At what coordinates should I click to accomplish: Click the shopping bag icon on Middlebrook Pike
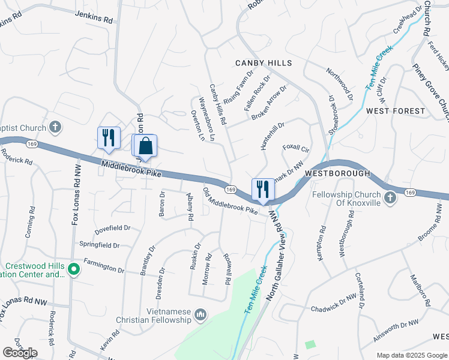coord(145,146)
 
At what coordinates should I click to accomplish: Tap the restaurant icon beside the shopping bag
coord(109,138)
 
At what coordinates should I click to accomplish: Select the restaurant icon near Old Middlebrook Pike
coord(262,190)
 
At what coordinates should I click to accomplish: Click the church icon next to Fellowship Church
coord(390,197)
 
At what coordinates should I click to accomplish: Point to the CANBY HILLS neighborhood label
coord(264,63)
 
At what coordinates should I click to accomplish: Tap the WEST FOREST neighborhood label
coord(396,111)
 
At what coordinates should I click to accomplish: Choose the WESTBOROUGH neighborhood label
coord(337,173)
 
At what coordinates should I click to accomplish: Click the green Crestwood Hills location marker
coord(73,269)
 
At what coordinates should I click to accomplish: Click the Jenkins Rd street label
coord(94,19)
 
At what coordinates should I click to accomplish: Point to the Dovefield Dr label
coord(113,229)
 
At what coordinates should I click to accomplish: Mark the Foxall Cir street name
coord(295,148)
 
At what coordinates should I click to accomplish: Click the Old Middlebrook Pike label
coord(230,202)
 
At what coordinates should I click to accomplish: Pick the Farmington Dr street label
coord(104,266)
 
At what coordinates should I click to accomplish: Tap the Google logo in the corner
coord(20,353)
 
